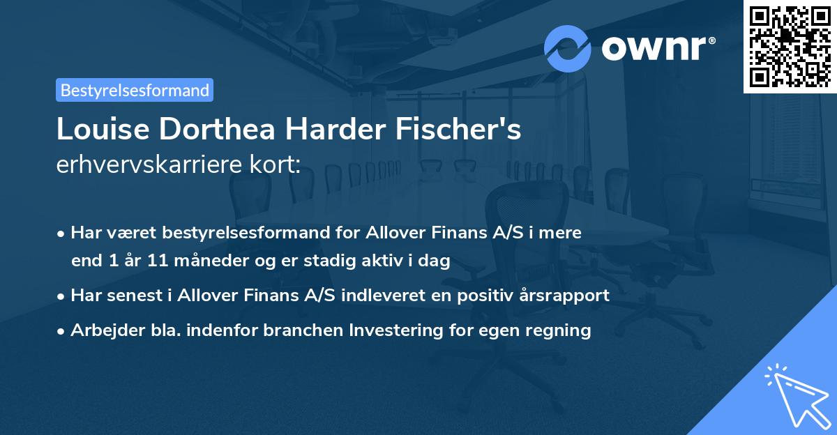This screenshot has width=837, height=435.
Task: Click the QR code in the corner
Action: click(790, 46)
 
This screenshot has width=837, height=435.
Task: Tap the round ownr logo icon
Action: click(568, 49)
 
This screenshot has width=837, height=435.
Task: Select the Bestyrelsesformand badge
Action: click(135, 90)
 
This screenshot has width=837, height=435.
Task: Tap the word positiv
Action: click(486, 296)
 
